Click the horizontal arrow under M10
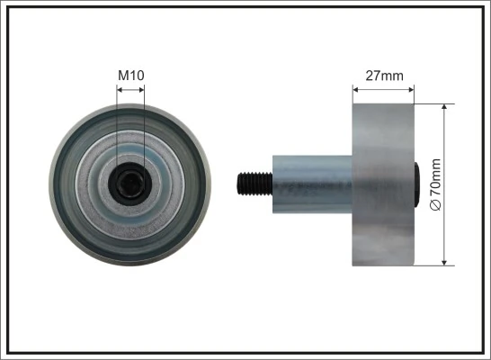point(130,89)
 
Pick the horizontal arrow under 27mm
point(383,89)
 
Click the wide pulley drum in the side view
point(383,184)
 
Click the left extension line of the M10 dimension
point(117,126)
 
